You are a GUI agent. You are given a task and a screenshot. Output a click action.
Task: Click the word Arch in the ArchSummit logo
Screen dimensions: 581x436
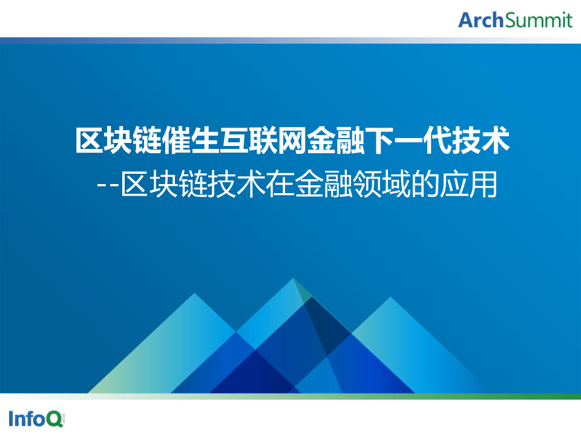pos(481,20)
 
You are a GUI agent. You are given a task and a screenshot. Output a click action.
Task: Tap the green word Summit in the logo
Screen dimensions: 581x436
pos(539,20)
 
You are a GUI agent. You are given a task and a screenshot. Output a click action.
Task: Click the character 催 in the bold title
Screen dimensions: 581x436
pos(176,140)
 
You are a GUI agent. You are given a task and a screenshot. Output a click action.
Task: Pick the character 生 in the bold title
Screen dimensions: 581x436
pos(205,140)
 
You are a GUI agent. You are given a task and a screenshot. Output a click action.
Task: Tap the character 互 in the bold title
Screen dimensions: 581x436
pos(234,140)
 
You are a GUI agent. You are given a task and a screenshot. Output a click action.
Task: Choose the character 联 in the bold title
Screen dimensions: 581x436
pos(263,140)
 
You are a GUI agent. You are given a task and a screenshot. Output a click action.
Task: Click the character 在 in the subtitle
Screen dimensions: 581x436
pos(280,184)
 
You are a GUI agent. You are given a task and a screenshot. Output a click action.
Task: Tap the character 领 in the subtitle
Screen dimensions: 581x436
pos(367,184)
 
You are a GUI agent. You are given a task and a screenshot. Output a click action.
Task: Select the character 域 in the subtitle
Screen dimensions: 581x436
pos(396,184)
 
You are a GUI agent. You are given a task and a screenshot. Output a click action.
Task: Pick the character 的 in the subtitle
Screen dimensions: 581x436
pos(425,184)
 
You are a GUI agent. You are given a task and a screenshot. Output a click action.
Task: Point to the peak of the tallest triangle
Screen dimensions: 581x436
pos(293,279)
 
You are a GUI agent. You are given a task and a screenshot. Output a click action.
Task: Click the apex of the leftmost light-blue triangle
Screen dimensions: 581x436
pos(194,293)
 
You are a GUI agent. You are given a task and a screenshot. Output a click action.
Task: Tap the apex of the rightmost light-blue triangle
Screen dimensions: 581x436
pos(390,297)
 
